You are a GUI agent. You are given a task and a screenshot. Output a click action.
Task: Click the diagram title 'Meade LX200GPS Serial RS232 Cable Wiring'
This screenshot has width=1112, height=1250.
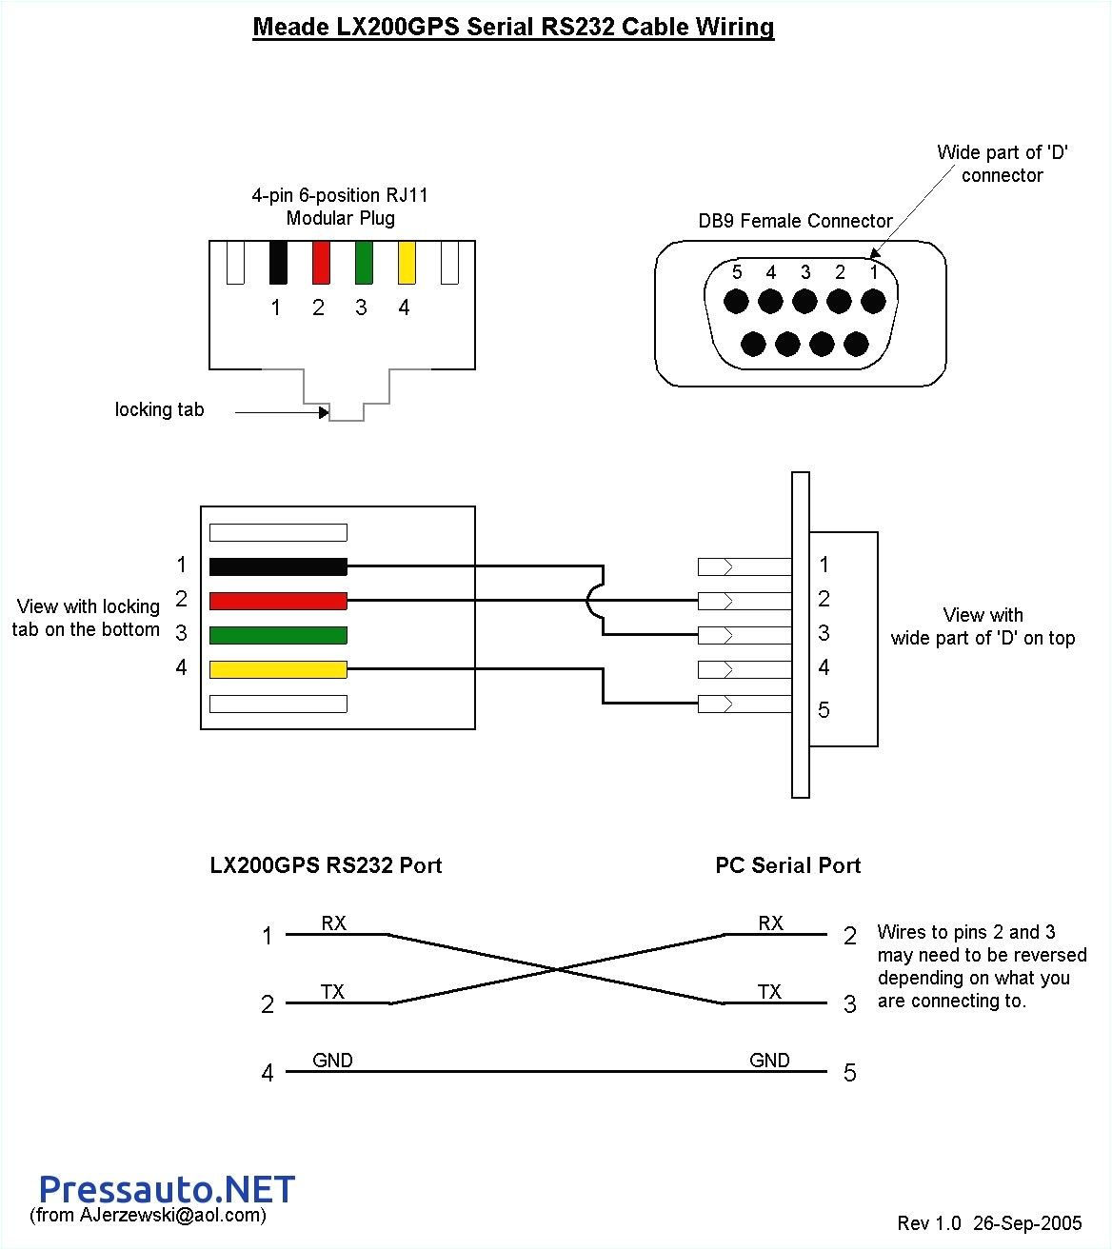[x=513, y=27]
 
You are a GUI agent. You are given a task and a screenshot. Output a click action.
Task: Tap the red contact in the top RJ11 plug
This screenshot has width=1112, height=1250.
[x=321, y=263]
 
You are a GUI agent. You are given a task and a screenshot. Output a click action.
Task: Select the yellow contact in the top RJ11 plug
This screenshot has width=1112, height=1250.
[x=407, y=263]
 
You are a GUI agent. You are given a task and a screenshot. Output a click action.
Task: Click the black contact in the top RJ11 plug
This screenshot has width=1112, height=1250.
[x=278, y=263]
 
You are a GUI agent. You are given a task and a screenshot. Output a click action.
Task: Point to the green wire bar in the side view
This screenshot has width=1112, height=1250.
[x=278, y=635]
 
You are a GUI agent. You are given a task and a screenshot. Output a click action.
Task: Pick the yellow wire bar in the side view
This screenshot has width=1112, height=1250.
[x=278, y=669]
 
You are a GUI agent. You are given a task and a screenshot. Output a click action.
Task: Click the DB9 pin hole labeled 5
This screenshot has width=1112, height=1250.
[x=736, y=302]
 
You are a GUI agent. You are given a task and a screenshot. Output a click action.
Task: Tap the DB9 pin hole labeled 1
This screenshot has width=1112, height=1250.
[x=873, y=302]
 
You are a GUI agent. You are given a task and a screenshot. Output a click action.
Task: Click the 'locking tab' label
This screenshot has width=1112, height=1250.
[x=159, y=409]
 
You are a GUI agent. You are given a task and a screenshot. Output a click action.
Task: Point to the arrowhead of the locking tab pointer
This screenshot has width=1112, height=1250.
[x=325, y=412]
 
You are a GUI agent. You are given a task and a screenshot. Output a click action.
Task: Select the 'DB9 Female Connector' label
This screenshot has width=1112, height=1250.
[x=795, y=221]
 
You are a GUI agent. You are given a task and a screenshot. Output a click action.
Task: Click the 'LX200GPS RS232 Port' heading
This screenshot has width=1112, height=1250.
[x=326, y=865]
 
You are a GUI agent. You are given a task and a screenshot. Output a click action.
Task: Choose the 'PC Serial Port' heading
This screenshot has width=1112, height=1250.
[x=787, y=865]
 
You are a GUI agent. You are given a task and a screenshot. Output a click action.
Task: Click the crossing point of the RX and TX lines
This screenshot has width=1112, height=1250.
[x=557, y=969]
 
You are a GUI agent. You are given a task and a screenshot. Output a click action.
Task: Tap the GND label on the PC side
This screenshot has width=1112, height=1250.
[x=769, y=1060]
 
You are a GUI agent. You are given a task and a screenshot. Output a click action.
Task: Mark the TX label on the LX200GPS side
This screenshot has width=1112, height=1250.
[x=332, y=992]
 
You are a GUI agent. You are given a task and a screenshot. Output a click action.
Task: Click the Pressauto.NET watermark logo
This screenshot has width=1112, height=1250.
[x=167, y=1189]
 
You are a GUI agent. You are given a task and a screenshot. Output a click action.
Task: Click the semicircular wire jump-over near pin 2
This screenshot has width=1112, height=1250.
[x=594, y=601]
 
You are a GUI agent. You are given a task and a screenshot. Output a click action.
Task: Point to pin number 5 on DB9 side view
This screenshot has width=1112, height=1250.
[x=824, y=710]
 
